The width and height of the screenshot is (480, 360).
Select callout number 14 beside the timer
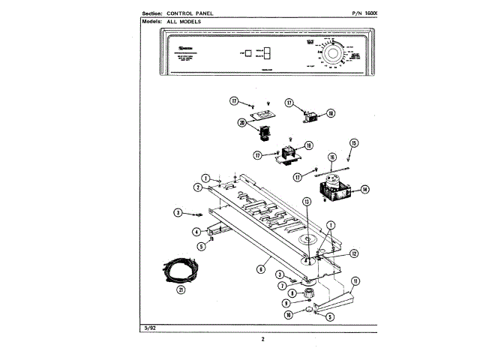point(365,190)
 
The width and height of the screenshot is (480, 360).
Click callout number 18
point(331,114)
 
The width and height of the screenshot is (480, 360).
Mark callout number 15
point(355,142)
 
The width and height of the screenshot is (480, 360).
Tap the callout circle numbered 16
point(331,157)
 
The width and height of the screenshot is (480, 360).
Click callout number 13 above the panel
point(306,202)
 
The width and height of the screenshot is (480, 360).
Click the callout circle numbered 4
point(196,232)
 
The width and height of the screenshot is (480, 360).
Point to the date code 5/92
point(148,327)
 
